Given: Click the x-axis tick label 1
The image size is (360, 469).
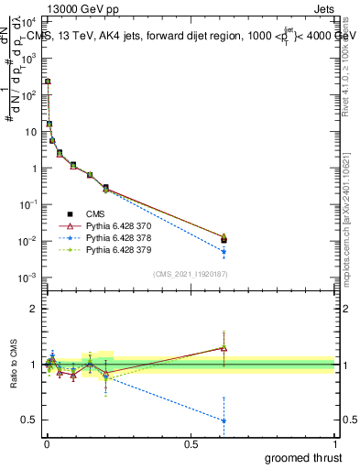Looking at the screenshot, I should point(335,443).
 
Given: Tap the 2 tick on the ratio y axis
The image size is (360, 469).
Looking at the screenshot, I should point(35,309).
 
